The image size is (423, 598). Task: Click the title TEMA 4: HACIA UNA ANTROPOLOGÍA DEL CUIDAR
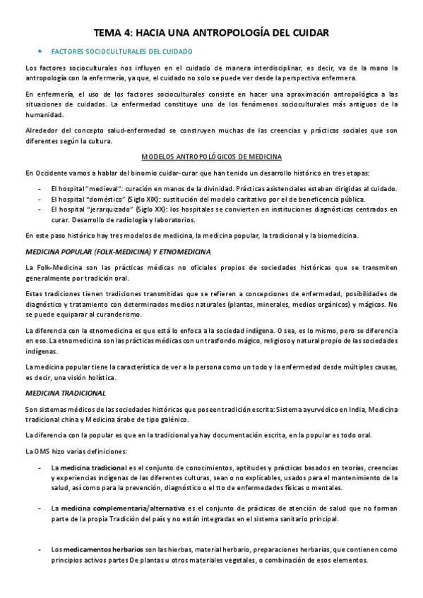coord(212,32)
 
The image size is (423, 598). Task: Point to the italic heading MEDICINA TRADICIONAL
coord(65,393)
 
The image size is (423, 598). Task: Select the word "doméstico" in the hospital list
coord(108,200)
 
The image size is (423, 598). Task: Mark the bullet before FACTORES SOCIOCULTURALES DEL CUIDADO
coord(40,52)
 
